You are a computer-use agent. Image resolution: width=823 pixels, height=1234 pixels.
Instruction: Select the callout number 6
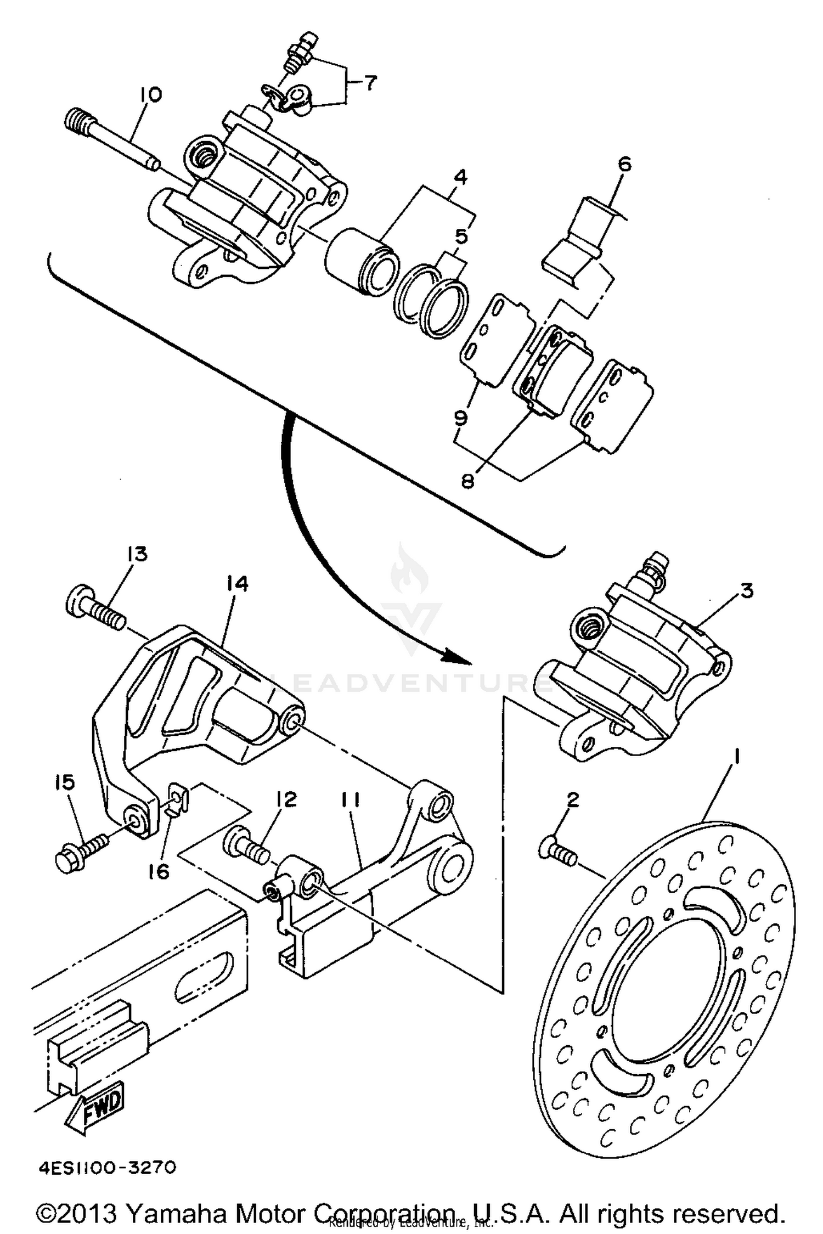(624, 164)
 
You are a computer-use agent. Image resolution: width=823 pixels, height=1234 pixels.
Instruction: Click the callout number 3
(747, 591)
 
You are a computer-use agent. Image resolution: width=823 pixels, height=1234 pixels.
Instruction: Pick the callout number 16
(159, 871)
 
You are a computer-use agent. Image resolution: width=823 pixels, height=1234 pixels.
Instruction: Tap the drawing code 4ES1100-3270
(106, 1168)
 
